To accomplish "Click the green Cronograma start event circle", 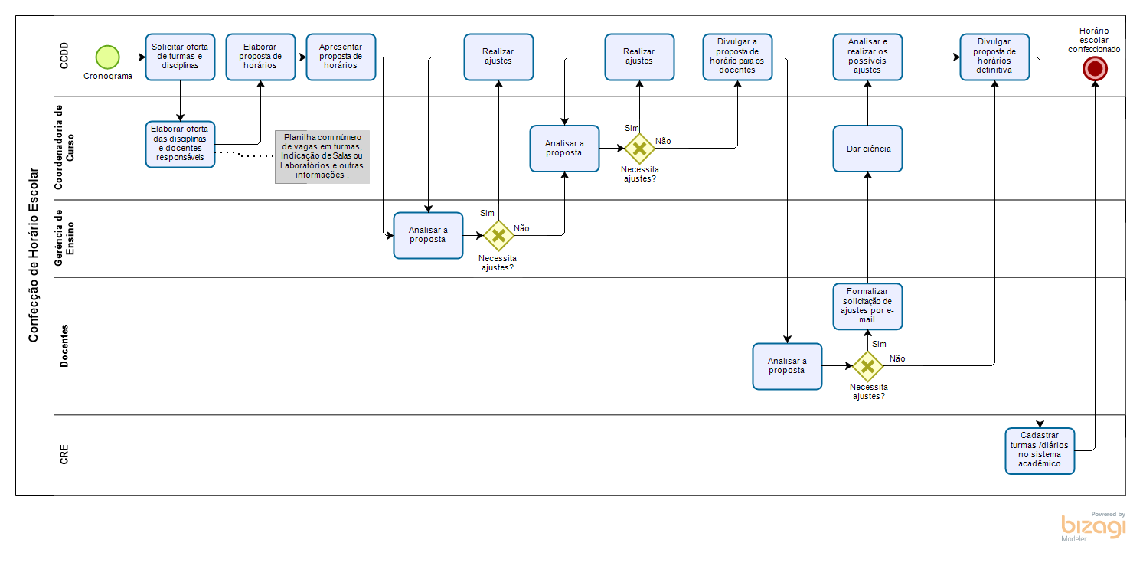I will pos(108,57).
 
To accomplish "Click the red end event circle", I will pos(1095,69).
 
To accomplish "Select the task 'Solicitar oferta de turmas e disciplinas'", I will pos(180,57).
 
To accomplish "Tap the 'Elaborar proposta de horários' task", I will pos(260,57).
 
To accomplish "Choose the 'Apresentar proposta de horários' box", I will pos(341,57).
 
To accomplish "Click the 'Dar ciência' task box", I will pos(868,149).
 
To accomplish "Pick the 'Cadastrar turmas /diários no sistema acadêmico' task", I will pos(1040,450).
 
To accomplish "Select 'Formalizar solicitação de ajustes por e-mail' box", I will pos(867,306).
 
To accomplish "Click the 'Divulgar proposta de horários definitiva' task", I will pos(994,57).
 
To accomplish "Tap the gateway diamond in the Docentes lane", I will pos(867,366).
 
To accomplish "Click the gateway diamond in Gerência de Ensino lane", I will pos(498,235).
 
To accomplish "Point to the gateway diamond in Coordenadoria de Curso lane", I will pos(639,149).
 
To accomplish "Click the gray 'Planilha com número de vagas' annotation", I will pos(322,156).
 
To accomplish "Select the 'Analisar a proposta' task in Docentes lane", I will pos(787,366).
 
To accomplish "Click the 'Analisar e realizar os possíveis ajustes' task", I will pos(867,57).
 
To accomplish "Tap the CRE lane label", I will pos(65,455).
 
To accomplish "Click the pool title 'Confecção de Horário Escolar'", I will pos(34,255).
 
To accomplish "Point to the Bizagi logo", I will pos(1093,527).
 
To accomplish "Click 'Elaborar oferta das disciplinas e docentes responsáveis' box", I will pos(180,144).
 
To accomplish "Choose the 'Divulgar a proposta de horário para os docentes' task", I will pos(737,57).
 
